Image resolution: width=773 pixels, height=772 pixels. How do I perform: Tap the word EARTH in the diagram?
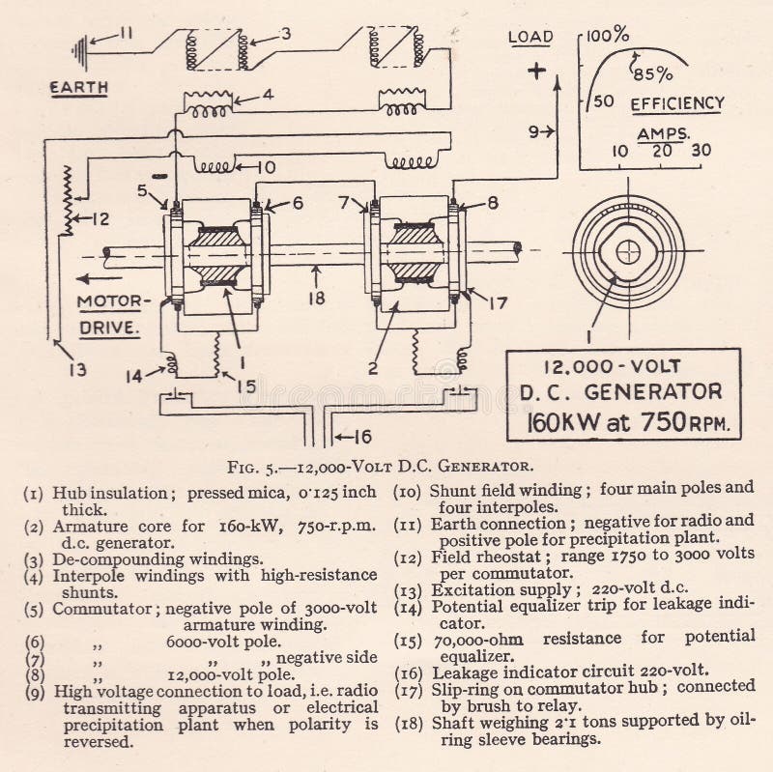click(79, 88)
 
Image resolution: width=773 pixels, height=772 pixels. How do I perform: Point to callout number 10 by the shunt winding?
click(266, 167)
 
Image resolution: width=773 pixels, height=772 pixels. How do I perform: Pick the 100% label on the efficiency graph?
click(608, 36)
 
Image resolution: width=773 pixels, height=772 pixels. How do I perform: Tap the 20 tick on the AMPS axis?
click(663, 152)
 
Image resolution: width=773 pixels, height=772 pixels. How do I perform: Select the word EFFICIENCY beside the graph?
click(676, 103)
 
